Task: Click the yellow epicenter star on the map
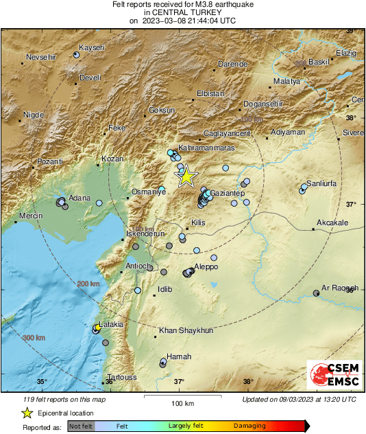[x=186, y=177]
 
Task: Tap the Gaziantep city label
[x=228, y=194]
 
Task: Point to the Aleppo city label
[x=206, y=266]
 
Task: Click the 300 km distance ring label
[x=34, y=338]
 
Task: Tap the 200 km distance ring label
[x=88, y=284]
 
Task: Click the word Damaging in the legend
[x=249, y=426]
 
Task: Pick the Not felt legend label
[x=82, y=426]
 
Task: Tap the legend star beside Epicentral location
[x=27, y=413]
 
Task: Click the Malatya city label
[x=286, y=81]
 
